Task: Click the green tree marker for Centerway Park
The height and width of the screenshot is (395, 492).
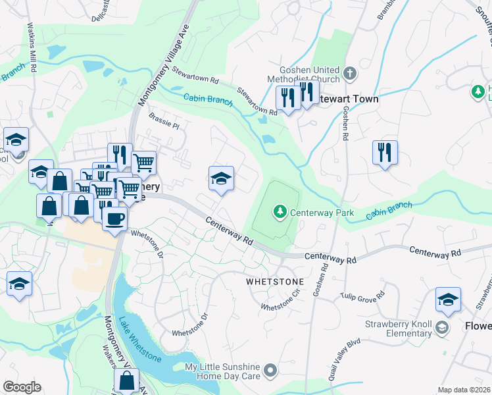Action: (280, 211)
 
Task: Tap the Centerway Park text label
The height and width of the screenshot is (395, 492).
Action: (322, 213)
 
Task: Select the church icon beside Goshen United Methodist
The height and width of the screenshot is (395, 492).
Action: (349, 74)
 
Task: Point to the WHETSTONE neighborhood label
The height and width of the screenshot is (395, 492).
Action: (275, 281)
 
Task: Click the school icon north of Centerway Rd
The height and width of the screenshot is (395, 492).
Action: (222, 178)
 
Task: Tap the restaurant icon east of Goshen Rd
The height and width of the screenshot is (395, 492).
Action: (385, 153)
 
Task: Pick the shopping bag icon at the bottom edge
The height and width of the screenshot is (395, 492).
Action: (126, 381)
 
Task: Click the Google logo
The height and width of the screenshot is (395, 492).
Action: (22, 387)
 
